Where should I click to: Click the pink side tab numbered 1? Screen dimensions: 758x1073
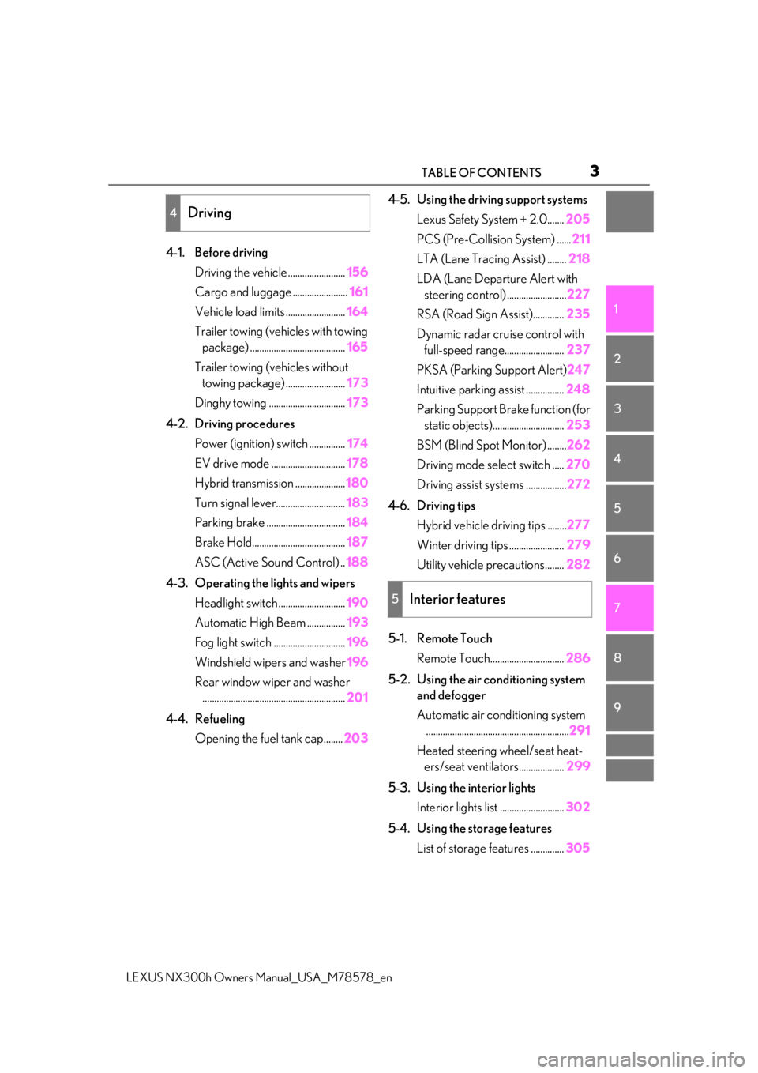tap(629, 308)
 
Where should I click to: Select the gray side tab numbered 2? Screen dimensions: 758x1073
tap(629, 359)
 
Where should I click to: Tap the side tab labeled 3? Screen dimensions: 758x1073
tap(629, 408)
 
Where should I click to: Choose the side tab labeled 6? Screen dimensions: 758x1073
tap(629, 558)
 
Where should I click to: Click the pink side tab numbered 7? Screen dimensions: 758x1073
tap(629, 608)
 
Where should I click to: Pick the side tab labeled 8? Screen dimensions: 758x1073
tap(629, 657)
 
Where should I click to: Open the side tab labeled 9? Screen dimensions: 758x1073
tap(629, 707)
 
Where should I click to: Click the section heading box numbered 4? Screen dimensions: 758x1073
tap(268, 213)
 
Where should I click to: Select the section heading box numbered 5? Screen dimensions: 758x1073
tap(490, 599)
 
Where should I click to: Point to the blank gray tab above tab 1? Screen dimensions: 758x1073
tap(629, 212)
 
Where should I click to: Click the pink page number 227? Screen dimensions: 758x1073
tap(578, 294)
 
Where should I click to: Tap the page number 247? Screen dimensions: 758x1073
tap(578, 369)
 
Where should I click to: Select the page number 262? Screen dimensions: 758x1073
tap(578, 444)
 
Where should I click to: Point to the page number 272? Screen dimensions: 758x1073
tap(578, 484)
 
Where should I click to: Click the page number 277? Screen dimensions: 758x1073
tap(578, 525)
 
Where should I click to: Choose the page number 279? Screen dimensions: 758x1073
tap(578, 544)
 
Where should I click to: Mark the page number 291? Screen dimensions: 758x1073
tap(580, 730)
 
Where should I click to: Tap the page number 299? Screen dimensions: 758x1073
tap(578, 766)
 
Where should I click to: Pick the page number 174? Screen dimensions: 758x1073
tap(357, 443)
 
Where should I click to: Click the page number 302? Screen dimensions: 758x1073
tap(578, 807)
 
